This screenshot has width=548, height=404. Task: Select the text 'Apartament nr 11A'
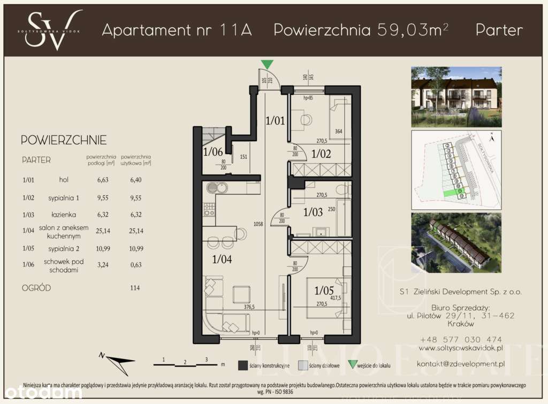coord(177,30)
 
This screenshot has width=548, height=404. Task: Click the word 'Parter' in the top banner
coord(499,30)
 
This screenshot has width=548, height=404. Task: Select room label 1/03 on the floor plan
coord(313,212)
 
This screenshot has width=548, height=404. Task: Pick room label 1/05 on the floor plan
coord(324,291)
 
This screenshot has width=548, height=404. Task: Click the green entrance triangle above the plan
coord(266,65)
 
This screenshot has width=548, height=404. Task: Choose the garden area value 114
coord(135,288)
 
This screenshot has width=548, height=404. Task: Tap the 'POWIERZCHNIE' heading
coord(63,141)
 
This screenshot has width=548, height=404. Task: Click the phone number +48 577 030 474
coord(461,339)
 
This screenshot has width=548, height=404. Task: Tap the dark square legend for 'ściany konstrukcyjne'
coord(242,365)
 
